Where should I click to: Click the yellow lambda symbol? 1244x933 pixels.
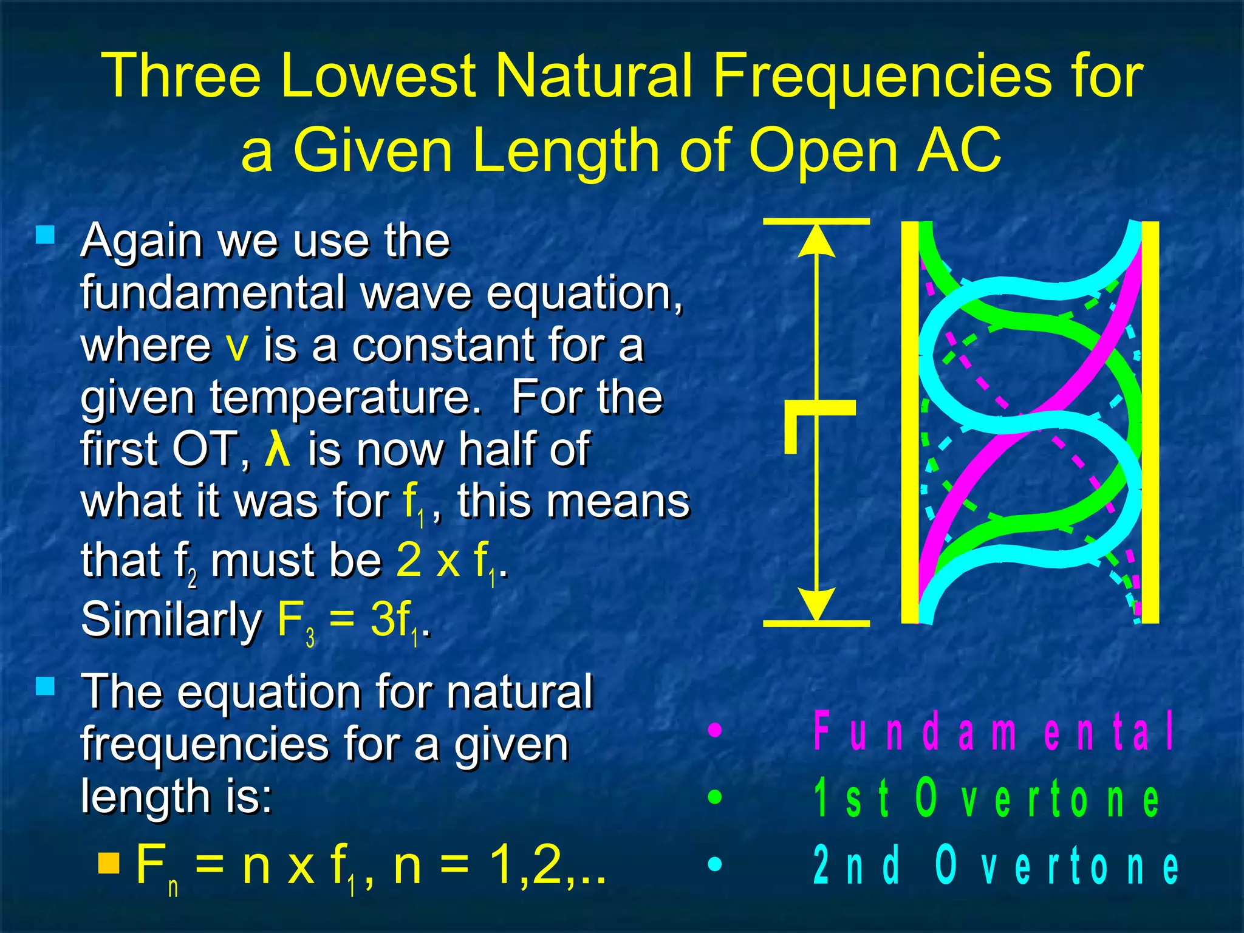278,449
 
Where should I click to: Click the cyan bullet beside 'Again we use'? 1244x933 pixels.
46,235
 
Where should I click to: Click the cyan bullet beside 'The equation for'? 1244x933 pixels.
46,686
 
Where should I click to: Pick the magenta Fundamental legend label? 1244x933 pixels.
994,731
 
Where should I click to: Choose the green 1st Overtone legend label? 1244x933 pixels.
986,798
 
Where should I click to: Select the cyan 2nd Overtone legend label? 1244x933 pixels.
996,865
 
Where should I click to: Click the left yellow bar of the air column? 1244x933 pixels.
909,422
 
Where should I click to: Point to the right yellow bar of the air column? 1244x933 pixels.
1150,422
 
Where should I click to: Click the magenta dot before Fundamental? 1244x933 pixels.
716,730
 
